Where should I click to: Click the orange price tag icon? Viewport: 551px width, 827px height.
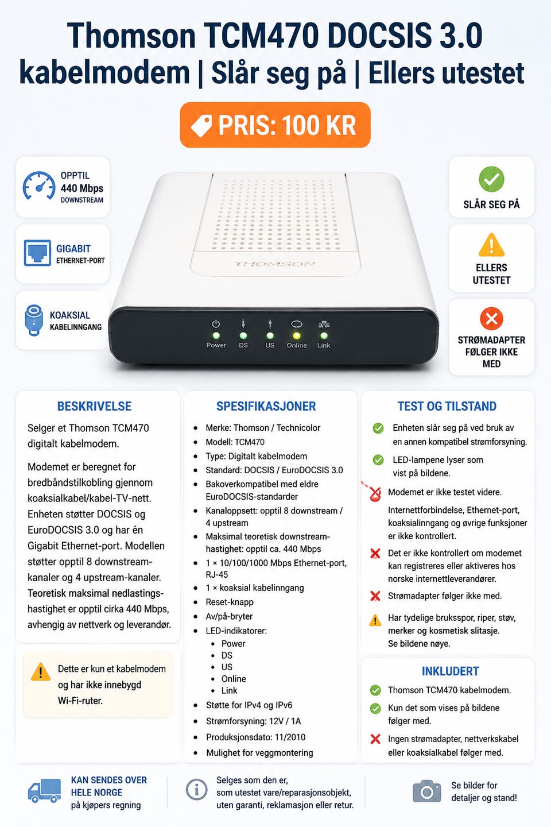point(201,126)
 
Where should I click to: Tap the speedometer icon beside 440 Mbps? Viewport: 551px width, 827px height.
point(39,186)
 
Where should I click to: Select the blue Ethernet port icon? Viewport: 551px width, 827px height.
point(37,253)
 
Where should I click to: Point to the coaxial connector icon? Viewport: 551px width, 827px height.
point(34,320)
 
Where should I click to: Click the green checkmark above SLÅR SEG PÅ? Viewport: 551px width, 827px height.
point(491,179)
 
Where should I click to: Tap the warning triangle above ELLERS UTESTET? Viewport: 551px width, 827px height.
point(491,245)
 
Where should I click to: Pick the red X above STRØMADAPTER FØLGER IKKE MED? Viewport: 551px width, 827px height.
point(491,318)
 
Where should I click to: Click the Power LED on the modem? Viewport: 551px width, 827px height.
point(216,335)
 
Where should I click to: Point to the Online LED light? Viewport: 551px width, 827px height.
point(297,335)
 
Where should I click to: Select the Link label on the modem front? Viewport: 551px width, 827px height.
point(324,345)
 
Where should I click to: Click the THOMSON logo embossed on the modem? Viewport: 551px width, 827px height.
point(275,264)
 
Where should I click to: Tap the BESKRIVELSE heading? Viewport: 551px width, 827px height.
point(94,406)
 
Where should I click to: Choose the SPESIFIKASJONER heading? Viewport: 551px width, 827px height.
point(266,406)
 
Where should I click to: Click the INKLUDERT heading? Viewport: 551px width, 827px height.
point(450,671)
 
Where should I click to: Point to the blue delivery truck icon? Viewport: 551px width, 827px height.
point(45,791)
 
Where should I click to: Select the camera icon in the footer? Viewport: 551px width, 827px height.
point(426,791)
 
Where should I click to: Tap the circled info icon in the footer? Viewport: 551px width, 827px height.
point(196,790)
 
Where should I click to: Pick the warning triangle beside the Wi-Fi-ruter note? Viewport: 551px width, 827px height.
point(41,671)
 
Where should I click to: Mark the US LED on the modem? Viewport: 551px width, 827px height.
point(270,335)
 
